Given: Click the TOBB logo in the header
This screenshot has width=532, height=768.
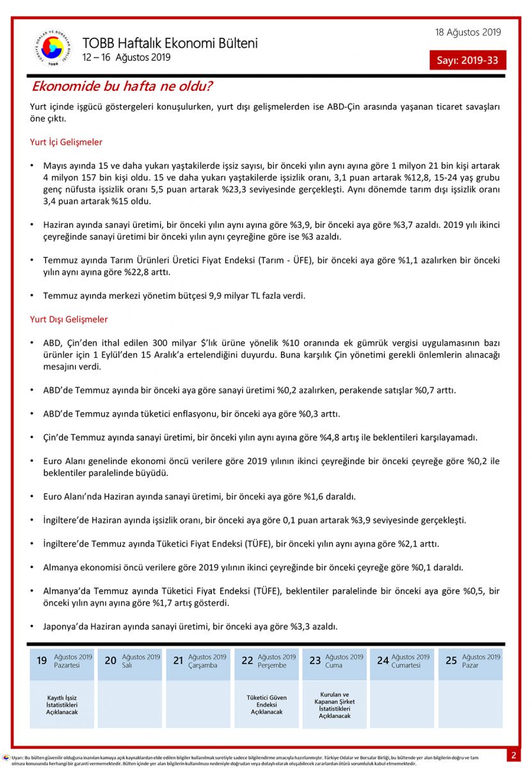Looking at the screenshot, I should point(52,48).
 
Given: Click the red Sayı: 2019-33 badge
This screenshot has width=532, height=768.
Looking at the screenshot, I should point(467,60).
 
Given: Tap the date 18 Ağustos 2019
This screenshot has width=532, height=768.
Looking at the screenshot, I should point(468,33).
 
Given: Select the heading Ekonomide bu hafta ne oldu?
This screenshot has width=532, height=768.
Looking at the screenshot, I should point(122,86).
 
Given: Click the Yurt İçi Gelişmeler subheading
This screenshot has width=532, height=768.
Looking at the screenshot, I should point(66,142).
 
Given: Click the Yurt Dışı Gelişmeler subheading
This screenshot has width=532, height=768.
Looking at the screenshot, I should point(69,319).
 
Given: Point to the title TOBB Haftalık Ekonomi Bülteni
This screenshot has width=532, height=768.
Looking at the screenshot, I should point(170,44).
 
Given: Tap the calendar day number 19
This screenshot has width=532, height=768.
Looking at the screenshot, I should point(42,660).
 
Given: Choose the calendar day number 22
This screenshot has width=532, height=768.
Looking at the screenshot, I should point(247,660).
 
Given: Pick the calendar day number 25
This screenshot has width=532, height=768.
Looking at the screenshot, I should point(451,660).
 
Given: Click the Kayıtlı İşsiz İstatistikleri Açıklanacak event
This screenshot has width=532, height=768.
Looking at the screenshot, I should point(62,705).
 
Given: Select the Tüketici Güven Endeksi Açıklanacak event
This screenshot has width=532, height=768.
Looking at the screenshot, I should point(266,705).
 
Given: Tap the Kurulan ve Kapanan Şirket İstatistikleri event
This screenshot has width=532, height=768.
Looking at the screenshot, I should point(335,705).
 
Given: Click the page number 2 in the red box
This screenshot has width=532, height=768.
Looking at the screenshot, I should point(513,755).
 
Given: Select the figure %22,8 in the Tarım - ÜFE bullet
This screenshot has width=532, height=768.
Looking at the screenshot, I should point(129,272).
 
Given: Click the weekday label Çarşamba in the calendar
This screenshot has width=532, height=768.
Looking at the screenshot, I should point(204,665).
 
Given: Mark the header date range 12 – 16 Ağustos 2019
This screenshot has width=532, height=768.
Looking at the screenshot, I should point(126,58).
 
